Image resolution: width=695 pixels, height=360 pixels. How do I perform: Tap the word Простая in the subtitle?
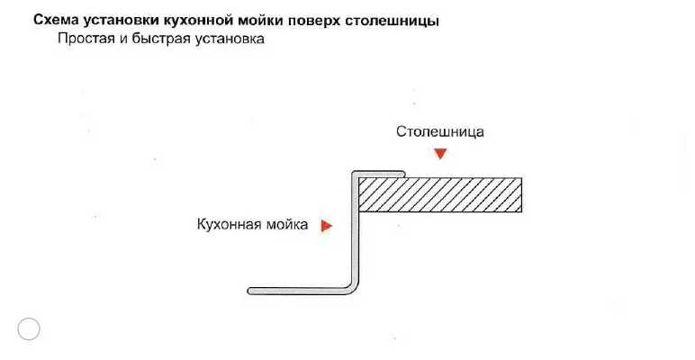[x=85, y=40]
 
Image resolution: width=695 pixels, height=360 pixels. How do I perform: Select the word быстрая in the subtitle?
[x=160, y=40]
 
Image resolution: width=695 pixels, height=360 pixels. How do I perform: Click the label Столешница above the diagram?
[x=440, y=131]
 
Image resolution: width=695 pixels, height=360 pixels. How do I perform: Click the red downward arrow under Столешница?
[x=439, y=154]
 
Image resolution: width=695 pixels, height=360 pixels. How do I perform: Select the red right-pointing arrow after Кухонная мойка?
[x=327, y=225]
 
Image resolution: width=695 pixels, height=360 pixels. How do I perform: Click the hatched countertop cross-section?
[x=440, y=194]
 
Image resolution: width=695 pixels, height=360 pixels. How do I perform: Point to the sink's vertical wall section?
[x=355, y=234]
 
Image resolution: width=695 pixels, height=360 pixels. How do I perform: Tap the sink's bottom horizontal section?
[x=297, y=290]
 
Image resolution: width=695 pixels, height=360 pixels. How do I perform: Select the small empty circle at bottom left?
[x=29, y=329]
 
